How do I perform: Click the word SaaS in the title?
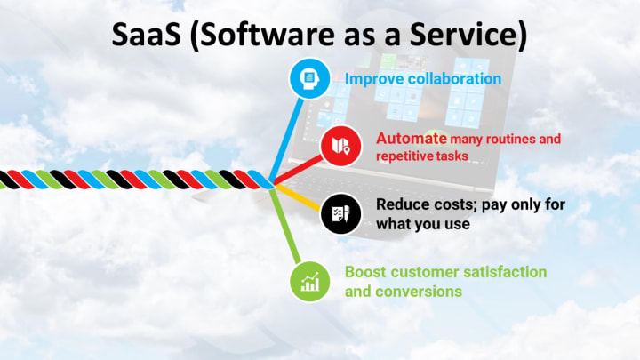(146, 34)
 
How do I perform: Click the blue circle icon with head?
(309, 78)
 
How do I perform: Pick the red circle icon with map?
(340, 146)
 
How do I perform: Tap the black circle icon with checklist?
(340, 214)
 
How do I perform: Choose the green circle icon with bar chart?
(310, 282)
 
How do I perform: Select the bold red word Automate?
(412, 139)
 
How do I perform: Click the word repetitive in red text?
(404, 156)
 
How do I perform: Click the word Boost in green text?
(365, 272)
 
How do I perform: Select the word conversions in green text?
(419, 292)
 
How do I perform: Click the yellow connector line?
(298, 197)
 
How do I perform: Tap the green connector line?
(285, 226)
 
